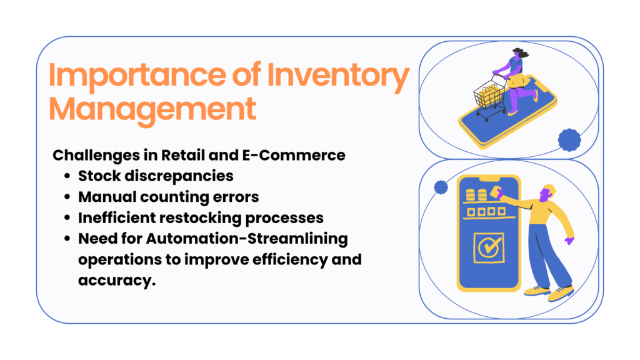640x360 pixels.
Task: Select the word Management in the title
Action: [x=152, y=108]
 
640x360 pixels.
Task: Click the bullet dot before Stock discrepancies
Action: [x=67, y=176]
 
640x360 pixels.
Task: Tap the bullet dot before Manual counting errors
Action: [x=67, y=197]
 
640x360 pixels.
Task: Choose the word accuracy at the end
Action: [x=116, y=281]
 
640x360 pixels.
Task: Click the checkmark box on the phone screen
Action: [x=488, y=247]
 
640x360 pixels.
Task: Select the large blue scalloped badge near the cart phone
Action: [x=569, y=141]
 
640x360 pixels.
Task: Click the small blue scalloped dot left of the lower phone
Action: [x=441, y=187]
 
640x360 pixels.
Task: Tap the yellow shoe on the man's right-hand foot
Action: [x=561, y=293]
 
